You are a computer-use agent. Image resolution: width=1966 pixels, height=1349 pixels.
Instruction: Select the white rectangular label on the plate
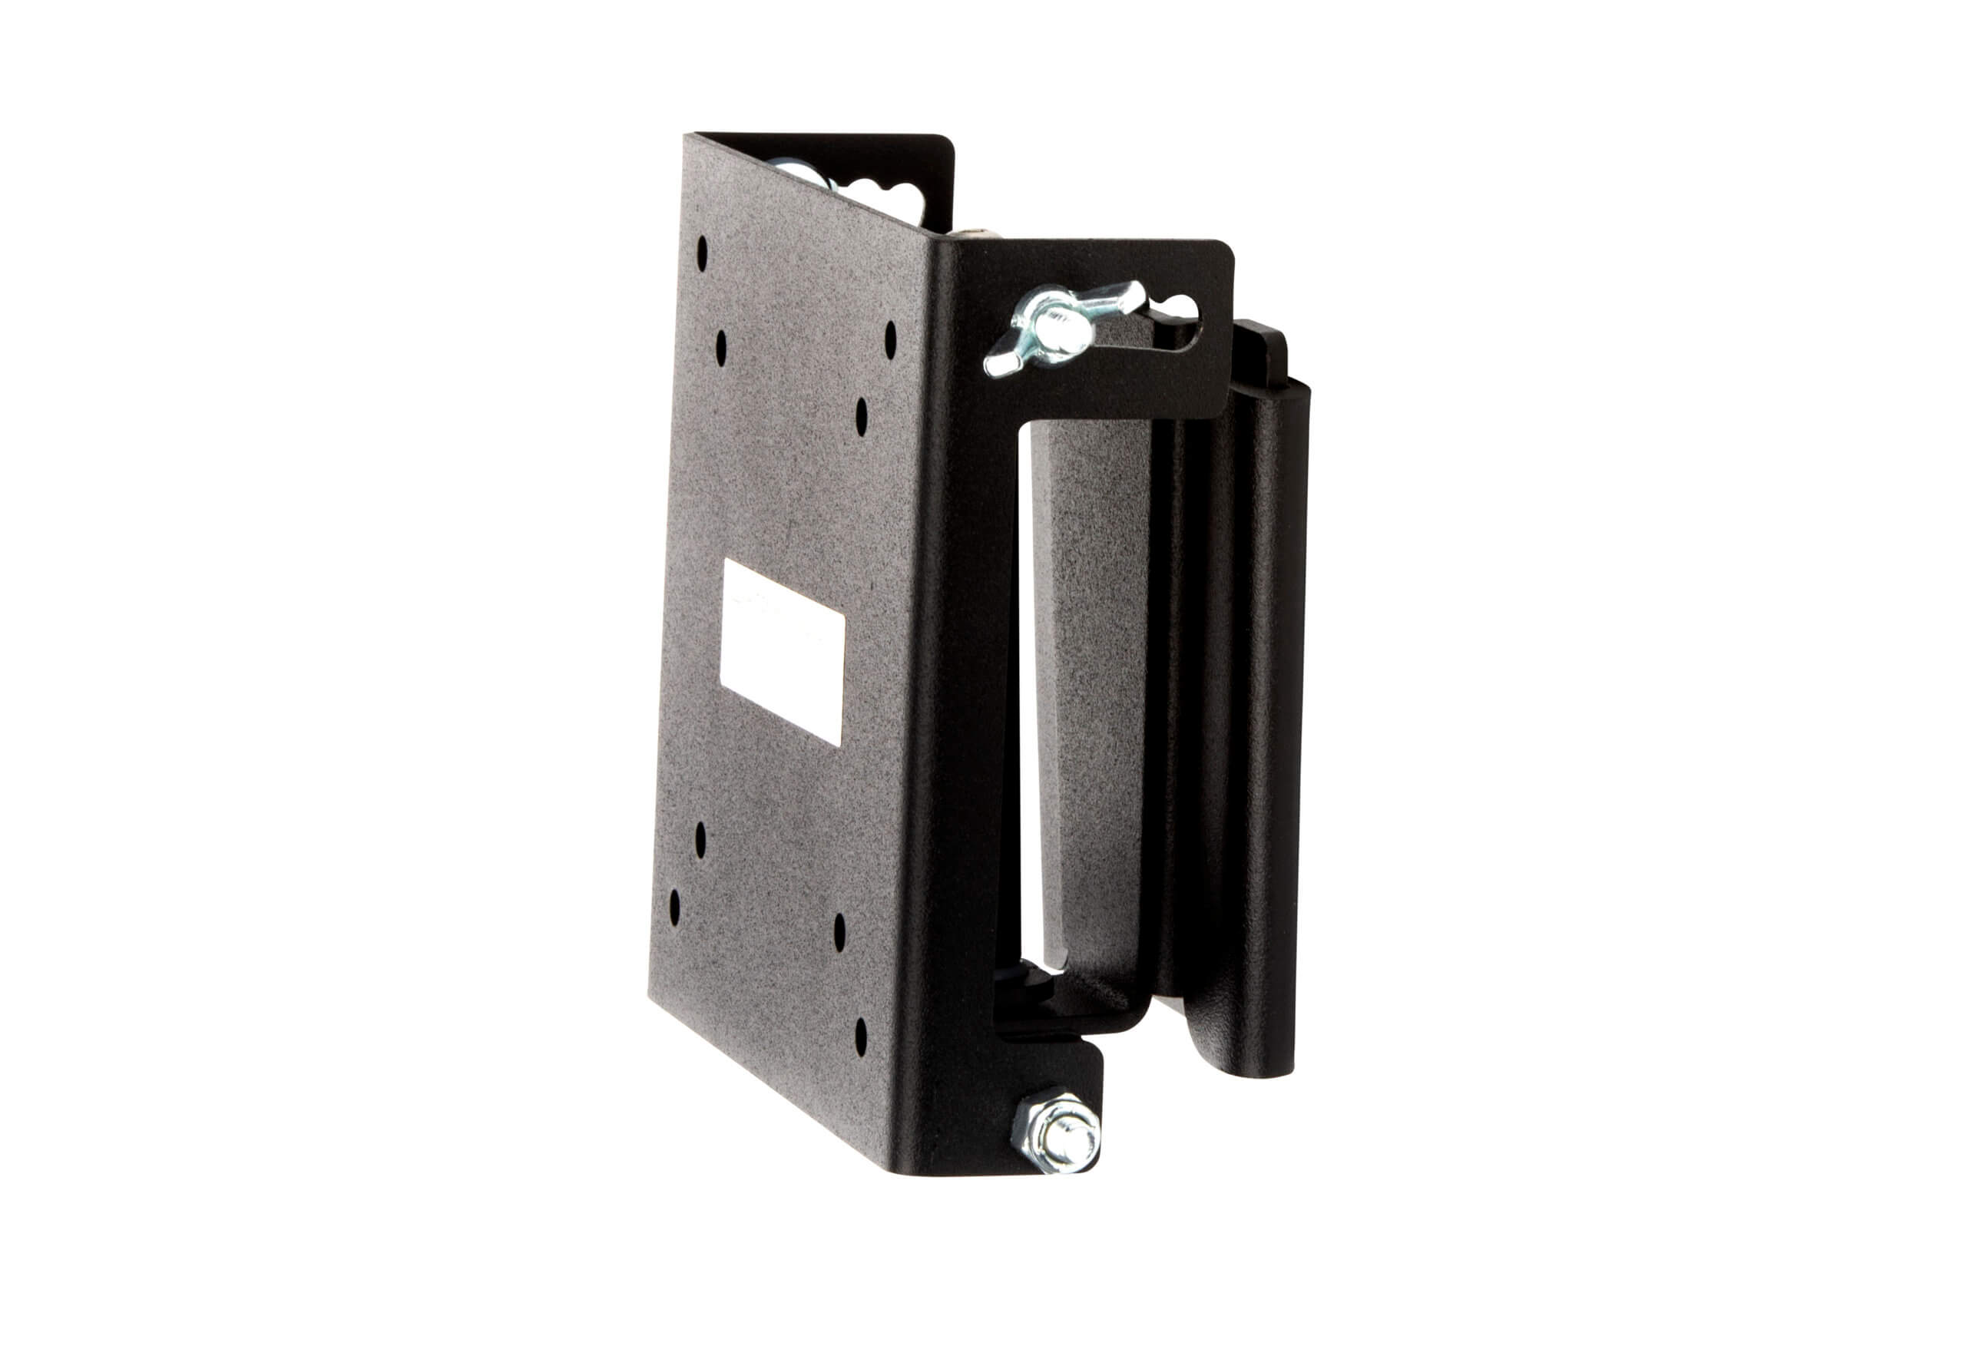pos(782,651)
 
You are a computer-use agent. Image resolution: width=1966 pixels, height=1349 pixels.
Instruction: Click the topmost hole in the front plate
pos(701,253)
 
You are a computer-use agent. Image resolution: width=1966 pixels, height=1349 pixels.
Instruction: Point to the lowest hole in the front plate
pos(860,1037)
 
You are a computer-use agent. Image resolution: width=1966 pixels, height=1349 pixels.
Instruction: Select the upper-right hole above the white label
pos(890,339)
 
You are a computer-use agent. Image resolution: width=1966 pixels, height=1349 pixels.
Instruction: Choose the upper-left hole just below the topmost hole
pos(721,348)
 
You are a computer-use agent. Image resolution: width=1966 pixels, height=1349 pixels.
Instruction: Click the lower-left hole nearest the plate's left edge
pos(674,907)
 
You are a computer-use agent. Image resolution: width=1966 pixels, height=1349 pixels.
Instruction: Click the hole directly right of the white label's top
pos(861,417)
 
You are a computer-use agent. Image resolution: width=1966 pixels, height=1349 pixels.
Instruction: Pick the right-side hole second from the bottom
pos(839,931)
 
